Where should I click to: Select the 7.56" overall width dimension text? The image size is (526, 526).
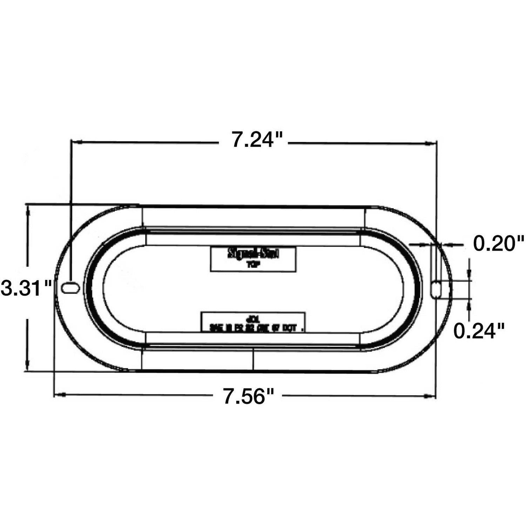pos(249,397)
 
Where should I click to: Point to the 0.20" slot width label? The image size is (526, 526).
pos(499,243)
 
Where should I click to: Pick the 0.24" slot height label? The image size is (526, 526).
pos(479,331)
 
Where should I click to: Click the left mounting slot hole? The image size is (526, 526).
pos(70,288)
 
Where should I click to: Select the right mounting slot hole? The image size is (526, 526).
pos(437,289)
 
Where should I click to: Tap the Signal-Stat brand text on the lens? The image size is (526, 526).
pos(253,254)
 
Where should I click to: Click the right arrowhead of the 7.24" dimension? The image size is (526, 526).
pos(430,143)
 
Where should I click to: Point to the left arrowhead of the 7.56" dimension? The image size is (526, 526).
pos(60,395)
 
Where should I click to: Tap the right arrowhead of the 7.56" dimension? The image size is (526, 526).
pos(429,397)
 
